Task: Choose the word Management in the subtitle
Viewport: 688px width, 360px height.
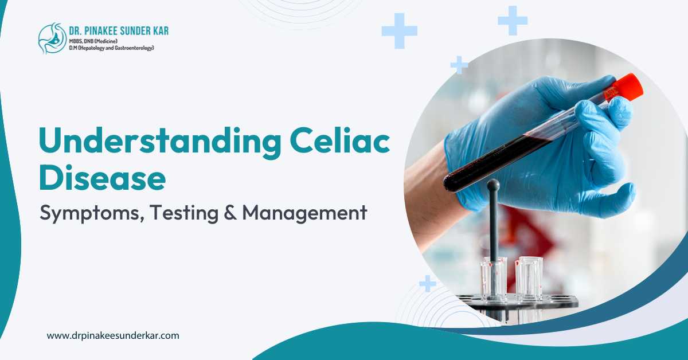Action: click(304, 213)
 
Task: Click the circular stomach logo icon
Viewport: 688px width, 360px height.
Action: click(52, 38)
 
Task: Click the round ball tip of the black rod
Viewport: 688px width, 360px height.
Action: click(492, 185)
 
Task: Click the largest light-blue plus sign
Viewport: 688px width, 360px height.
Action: click(399, 30)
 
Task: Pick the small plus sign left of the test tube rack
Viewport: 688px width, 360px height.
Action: click(428, 283)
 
